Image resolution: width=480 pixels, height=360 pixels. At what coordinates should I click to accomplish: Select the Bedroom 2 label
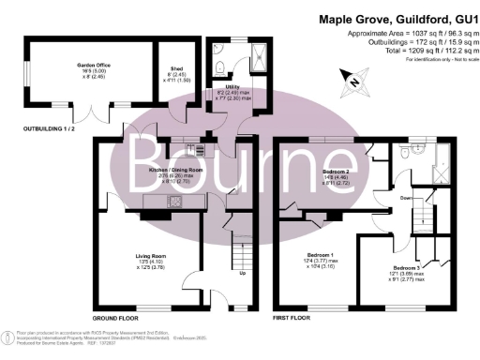[x=336, y=175]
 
